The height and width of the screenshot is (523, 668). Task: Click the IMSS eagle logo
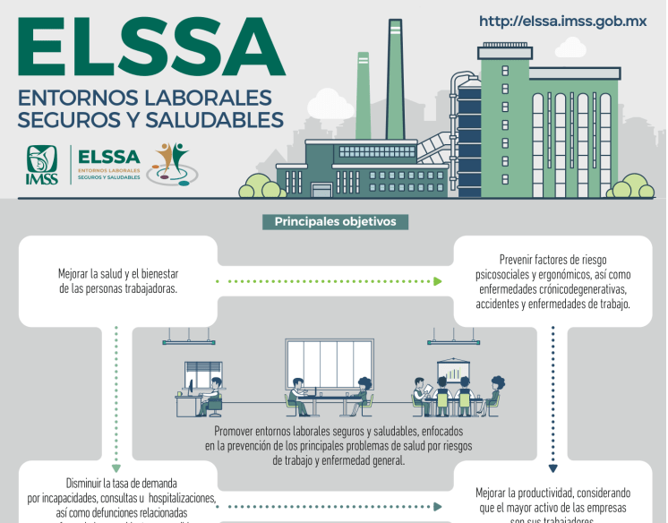(x=42, y=165)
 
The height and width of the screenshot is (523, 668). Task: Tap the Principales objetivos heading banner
(x=335, y=222)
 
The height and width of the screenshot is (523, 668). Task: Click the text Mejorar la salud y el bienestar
(x=118, y=272)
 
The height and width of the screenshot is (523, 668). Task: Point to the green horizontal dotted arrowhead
(x=438, y=281)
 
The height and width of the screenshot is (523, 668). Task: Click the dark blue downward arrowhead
(x=552, y=467)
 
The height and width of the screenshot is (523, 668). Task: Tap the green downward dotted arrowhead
(x=116, y=467)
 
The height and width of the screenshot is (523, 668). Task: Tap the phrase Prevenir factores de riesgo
(x=552, y=259)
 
